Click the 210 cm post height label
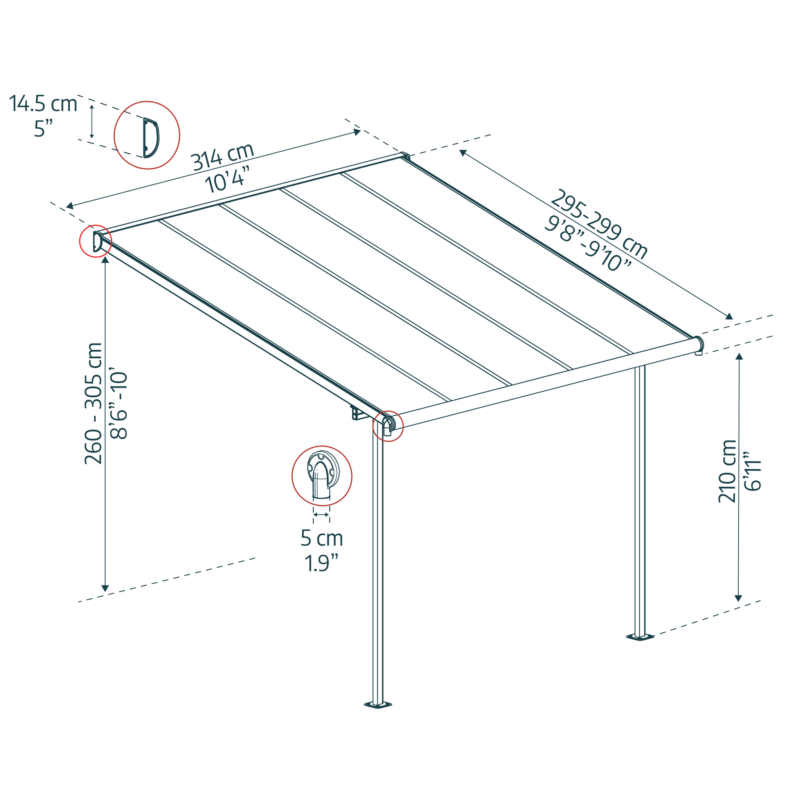727,471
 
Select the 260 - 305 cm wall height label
94,404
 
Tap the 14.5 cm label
43,103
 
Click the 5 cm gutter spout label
322,538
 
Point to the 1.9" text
322,563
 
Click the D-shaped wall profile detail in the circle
150,138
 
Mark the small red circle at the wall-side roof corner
95,241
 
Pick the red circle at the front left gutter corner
388,426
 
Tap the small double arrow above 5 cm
322,515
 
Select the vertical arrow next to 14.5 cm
92,121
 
